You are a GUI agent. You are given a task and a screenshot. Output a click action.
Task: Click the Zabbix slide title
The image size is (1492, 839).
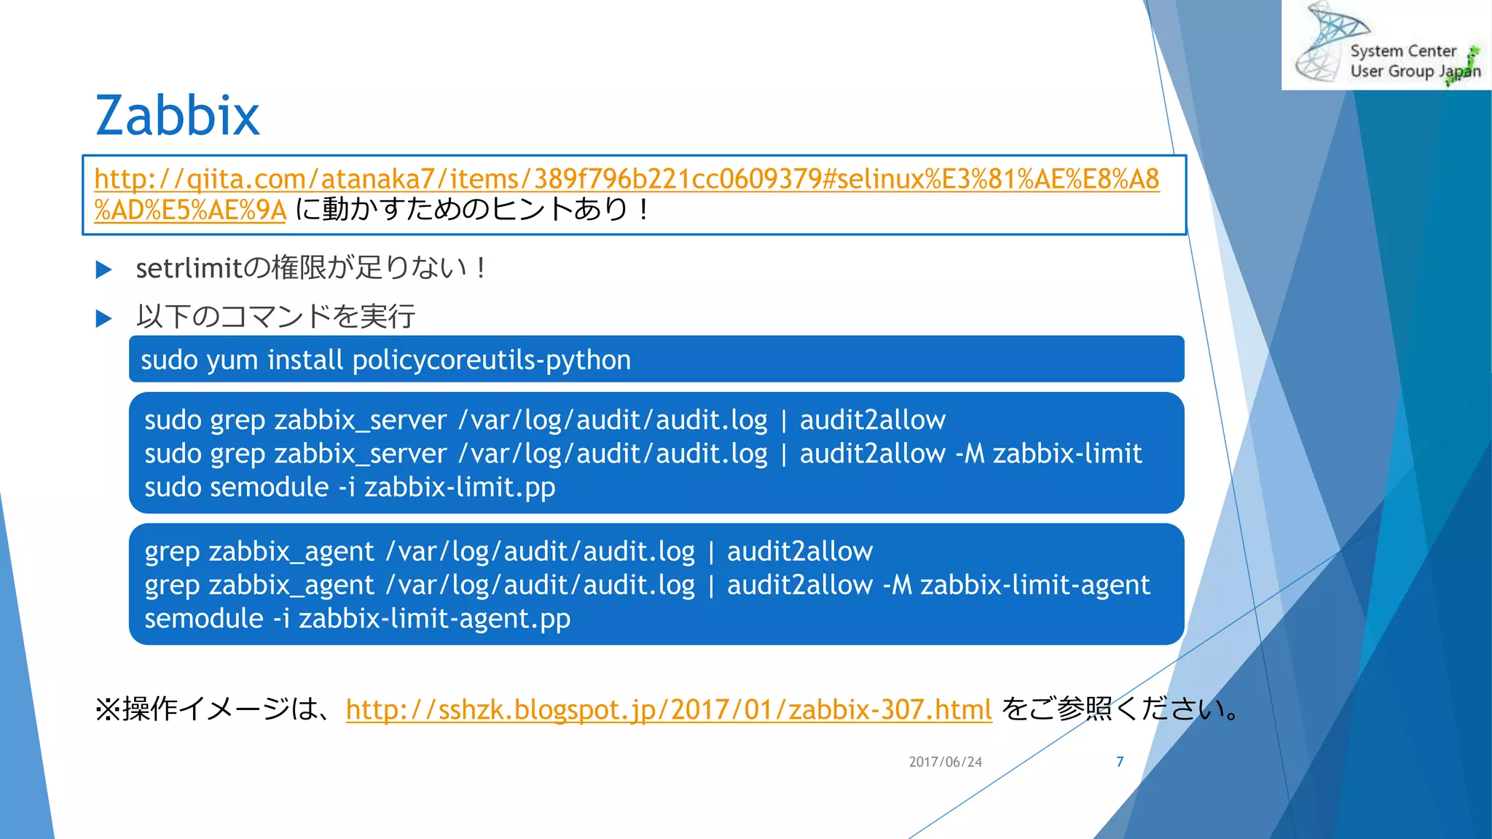[x=177, y=115]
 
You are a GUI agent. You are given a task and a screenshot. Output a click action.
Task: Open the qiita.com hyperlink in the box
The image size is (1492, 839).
[x=627, y=179]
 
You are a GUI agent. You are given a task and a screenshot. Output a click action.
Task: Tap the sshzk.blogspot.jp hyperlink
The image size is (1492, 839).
[x=669, y=709]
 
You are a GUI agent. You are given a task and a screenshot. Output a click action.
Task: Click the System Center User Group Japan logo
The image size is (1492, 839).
[x=1386, y=45]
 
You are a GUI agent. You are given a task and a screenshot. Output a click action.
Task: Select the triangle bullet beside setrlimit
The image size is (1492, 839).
[x=103, y=270]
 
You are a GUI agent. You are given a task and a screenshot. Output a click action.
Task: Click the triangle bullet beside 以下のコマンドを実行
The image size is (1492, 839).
[x=103, y=318]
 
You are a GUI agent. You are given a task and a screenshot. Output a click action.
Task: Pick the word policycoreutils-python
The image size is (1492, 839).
[x=492, y=360]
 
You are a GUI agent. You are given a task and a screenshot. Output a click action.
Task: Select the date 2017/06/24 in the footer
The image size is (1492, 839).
[x=946, y=762]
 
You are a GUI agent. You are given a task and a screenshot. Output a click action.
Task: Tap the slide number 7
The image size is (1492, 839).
[x=1120, y=762]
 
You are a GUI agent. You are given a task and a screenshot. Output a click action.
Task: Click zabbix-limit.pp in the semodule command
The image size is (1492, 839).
[x=460, y=487]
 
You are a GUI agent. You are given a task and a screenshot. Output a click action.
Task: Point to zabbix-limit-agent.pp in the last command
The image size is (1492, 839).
[x=434, y=618]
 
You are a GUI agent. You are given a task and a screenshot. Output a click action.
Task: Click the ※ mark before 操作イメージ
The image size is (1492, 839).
[x=107, y=709]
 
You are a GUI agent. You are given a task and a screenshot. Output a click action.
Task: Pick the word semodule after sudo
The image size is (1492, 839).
[x=269, y=487]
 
